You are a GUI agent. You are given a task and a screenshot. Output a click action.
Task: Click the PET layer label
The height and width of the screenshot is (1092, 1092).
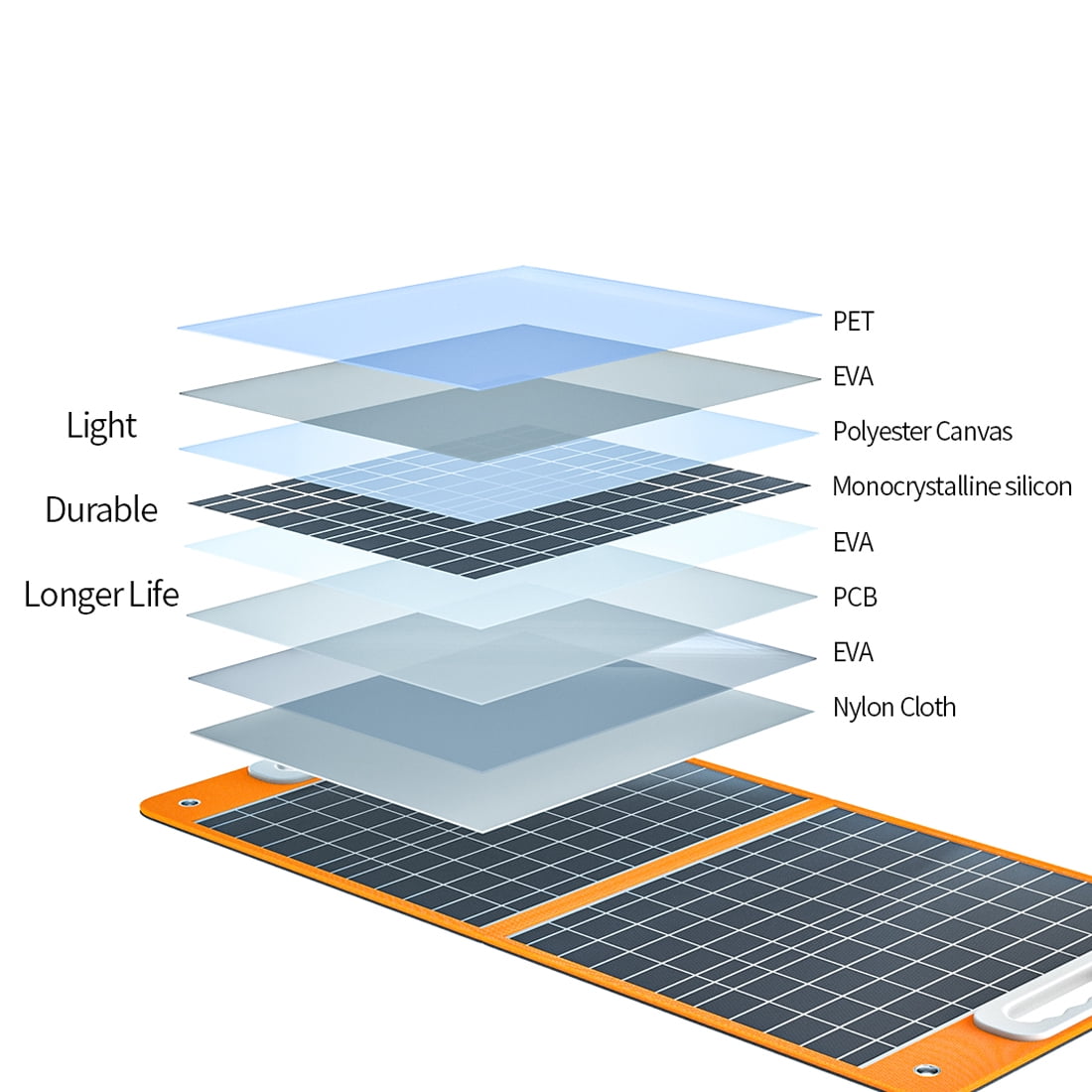coord(853,322)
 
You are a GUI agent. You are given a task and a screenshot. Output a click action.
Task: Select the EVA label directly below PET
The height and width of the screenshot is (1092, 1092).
coord(853,377)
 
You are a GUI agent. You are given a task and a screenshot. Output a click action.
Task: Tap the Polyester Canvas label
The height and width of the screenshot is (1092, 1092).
coord(922,432)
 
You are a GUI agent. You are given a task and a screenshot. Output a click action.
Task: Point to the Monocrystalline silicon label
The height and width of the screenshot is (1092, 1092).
coord(951,487)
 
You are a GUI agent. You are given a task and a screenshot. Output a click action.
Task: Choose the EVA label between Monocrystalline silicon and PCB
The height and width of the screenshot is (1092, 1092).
coord(853,543)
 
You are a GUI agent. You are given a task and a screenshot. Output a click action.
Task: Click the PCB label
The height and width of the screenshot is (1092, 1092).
coord(855,598)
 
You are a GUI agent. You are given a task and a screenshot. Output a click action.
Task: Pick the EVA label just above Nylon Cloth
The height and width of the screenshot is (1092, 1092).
coord(853,652)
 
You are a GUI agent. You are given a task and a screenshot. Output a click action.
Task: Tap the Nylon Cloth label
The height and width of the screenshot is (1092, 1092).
coord(893,708)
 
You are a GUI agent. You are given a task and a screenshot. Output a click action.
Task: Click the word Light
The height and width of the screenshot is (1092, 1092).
coord(101,426)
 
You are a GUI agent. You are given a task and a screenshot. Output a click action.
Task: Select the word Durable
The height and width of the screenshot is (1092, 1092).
coord(101,510)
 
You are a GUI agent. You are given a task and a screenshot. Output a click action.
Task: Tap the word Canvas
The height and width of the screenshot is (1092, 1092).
coord(977,432)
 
